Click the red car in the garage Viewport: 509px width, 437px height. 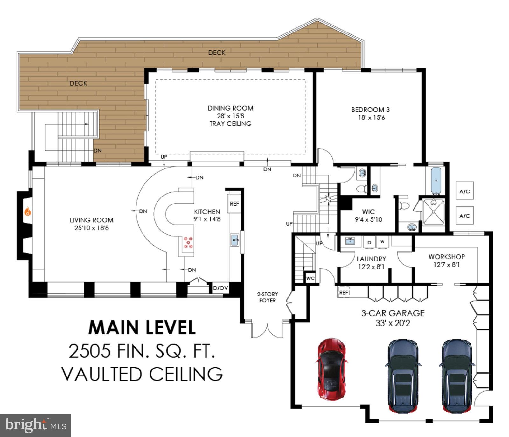pos(331,369)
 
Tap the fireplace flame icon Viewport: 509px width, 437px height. pos(28,211)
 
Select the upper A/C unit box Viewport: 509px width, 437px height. pos(464,191)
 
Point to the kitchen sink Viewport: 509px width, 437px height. pos(235,240)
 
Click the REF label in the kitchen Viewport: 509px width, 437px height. pos(234,204)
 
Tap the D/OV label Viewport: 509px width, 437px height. pos(220,288)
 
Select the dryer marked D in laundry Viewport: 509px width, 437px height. pos(369,242)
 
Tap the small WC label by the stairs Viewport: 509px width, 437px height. pos(310,278)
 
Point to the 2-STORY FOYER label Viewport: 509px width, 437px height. pos(268,297)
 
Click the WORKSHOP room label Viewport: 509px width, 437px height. pos(446,257)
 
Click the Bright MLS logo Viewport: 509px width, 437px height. pos(35,425)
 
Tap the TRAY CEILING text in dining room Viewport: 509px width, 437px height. pos(230,124)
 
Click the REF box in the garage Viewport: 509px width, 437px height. pos(344,292)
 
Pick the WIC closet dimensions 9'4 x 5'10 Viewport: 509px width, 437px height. pos(368,219)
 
